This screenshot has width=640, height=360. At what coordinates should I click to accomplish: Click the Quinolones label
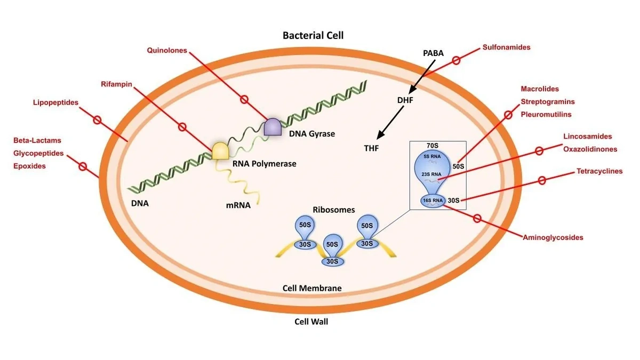[167, 51]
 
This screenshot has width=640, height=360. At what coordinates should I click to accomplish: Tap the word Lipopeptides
[55, 102]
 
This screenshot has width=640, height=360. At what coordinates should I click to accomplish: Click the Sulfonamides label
[506, 47]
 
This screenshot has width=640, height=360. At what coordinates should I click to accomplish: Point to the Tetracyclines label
[599, 171]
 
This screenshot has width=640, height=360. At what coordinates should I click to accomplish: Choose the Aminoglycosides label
[553, 237]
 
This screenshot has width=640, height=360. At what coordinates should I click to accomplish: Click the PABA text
[433, 53]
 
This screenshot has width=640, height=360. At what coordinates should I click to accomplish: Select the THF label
[371, 148]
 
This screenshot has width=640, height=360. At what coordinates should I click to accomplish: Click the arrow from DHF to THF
[392, 121]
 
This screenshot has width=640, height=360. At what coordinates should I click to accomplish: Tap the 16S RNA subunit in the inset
[433, 201]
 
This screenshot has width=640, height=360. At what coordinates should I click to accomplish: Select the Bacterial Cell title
[313, 36]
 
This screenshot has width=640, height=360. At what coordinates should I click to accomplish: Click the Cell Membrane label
[312, 288]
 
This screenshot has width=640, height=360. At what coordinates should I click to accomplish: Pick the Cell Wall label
[311, 322]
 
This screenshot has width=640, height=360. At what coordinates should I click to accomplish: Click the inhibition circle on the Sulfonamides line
[456, 60]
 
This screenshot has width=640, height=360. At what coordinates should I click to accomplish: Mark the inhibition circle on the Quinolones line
[244, 99]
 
